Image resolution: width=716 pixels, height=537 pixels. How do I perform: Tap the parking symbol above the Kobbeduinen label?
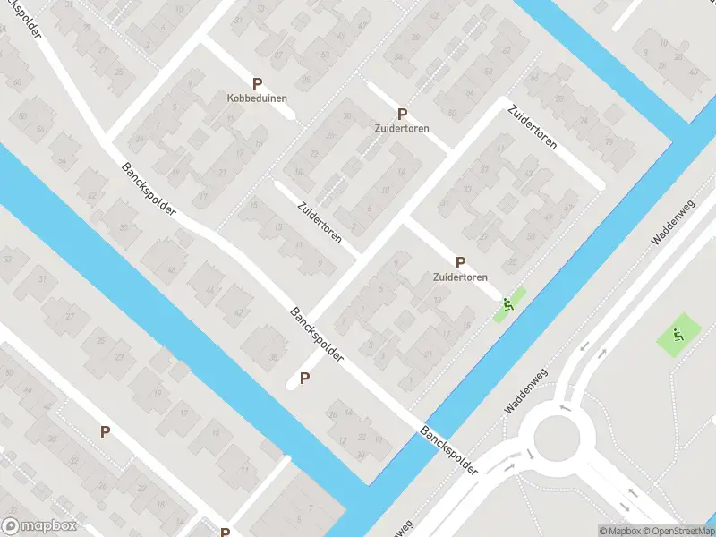click(x=258, y=82)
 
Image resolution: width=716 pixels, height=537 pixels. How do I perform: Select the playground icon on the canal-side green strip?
click(x=508, y=304)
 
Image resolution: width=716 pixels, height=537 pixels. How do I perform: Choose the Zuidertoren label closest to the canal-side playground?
click(x=461, y=277)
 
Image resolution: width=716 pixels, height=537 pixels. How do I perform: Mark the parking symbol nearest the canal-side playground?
click(x=460, y=263)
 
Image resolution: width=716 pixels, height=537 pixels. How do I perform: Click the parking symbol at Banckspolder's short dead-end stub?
click(x=304, y=379)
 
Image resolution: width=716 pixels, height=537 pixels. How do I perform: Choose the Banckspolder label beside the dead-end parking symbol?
click(x=317, y=334)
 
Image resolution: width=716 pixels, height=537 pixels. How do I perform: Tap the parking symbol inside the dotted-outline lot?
click(x=105, y=432)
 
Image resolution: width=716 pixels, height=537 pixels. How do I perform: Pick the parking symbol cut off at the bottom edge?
click(x=226, y=533)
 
